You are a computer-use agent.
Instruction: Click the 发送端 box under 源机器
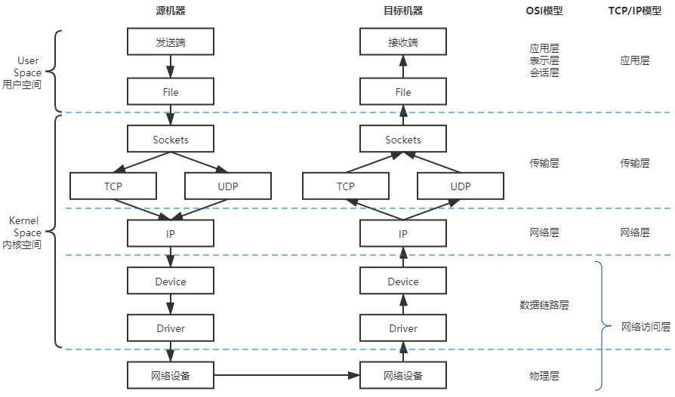[170, 42]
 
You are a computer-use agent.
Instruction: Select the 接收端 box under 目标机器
[402, 42]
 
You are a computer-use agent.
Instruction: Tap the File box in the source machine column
[170, 92]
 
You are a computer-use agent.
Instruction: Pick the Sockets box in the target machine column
[402, 140]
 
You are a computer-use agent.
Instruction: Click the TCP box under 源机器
[112, 186]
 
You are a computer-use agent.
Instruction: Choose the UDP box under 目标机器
[460, 186]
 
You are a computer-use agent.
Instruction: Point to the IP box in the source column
[170, 234]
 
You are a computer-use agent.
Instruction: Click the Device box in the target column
[402, 282]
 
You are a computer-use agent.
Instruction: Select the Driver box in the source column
[170, 328]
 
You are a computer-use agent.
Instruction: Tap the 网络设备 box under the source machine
[170, 375]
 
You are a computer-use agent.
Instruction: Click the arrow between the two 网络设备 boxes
[286, 375]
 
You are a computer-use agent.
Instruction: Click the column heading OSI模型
[544, 11]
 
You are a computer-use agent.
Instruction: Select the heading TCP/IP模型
[634, 11]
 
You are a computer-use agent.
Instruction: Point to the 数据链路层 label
[544, 305]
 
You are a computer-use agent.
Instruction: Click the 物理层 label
[544, 375]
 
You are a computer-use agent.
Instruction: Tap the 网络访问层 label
[646, 328]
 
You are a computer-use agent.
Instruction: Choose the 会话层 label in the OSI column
[544, 73]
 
